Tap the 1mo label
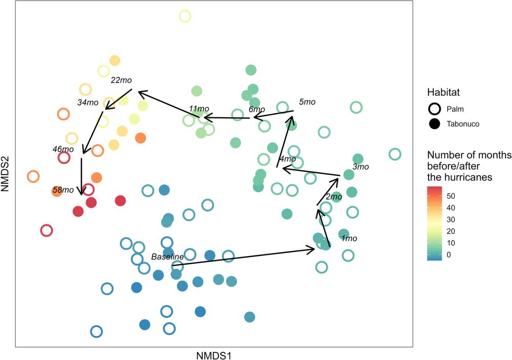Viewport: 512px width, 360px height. tap(349, 238)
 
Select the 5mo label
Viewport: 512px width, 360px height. tap(307, 102)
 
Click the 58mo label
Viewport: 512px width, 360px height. tap(63, 190)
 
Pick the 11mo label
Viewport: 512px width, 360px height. tap(199, 109)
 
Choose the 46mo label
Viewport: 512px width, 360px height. tap(63, 150)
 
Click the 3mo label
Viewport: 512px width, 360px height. tap(361, 167)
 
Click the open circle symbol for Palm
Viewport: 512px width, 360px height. tap(435, 109)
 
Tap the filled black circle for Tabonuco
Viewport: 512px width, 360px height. tap(435, 123)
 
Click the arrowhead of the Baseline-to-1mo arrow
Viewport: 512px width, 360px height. tap(312, 249)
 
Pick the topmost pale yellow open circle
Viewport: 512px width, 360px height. tap(185, 16)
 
